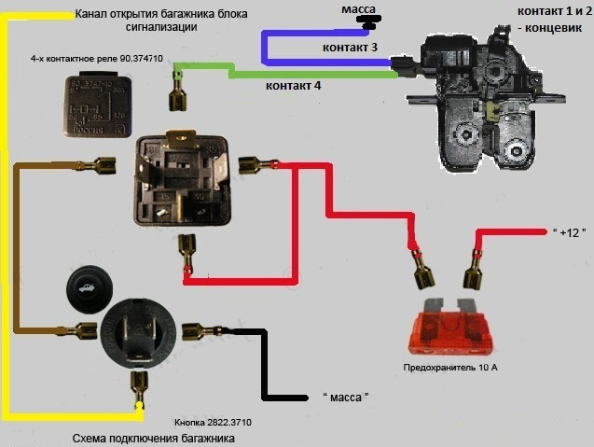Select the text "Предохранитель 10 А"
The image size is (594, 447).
450,368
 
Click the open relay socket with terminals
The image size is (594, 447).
182,178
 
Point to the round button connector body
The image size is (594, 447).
139,331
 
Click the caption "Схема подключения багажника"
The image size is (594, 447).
153,438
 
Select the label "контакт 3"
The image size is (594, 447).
350,47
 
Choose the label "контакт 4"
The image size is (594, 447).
293,86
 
